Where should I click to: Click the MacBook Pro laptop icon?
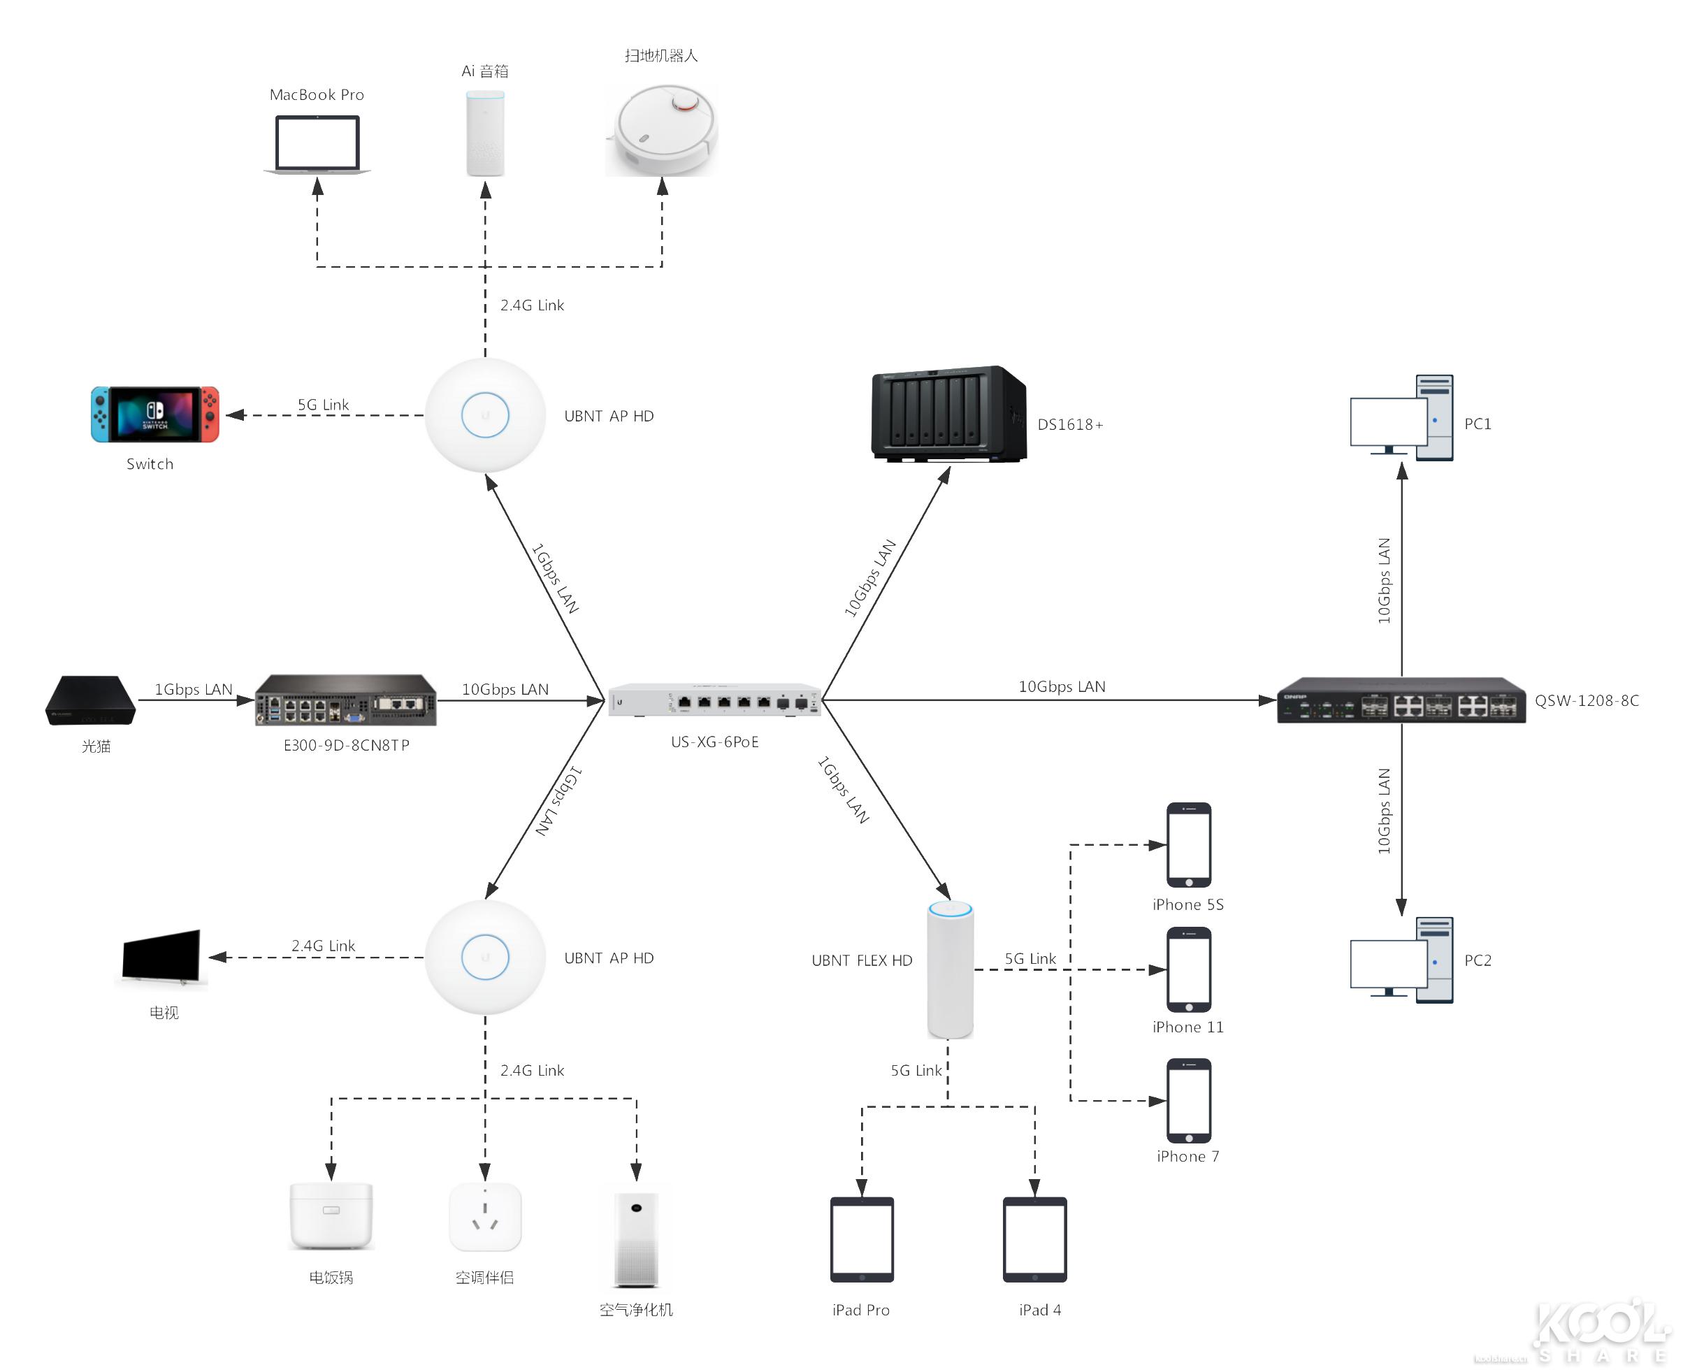[317, 144]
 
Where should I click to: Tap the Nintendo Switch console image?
[155, 414]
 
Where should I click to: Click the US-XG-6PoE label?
[714, 742]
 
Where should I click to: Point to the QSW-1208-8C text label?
[1586, 700]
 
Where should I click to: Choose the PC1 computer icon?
[1401, 418]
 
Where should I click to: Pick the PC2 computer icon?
[1401, 960]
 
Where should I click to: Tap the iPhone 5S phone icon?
[1188, 845]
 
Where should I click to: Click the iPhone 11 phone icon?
[1188, 969]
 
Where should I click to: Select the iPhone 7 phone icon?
[1188, 1100]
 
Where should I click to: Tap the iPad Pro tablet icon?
[861, 1239]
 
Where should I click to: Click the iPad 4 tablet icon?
[1034, 1239]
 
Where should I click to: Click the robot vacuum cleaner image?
[662, 129]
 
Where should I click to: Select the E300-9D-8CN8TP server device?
[346, 700]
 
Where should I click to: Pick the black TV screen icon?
[162, 957]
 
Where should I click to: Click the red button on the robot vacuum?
[684, 103]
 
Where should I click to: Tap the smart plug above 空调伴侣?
[485, 1217]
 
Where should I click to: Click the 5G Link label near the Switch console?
[322, 405]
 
